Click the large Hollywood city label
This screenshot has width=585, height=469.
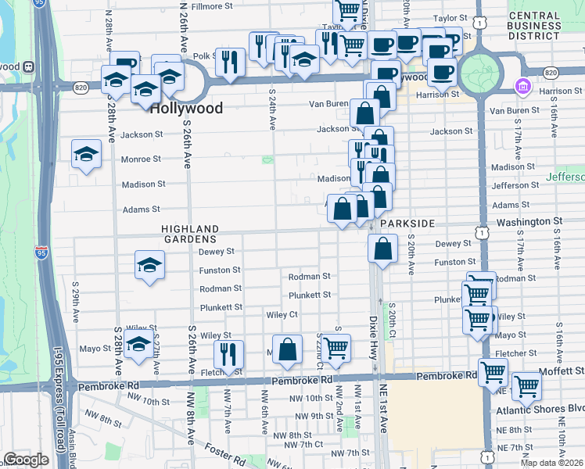(x=187, y=109)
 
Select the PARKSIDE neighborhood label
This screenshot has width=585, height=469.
(x=407, y=224)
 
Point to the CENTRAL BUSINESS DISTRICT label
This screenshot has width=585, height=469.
(x=546, y=26)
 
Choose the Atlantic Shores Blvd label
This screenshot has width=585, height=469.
(x=540, y=409)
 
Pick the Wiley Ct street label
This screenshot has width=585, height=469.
(x=282, y=314)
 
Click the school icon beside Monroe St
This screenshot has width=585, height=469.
(x=86, y=154)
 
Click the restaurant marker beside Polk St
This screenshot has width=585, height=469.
(x=230, y=62)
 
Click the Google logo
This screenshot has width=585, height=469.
(x=26, y=460)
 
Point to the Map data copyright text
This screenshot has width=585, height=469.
(x=551, y=463)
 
